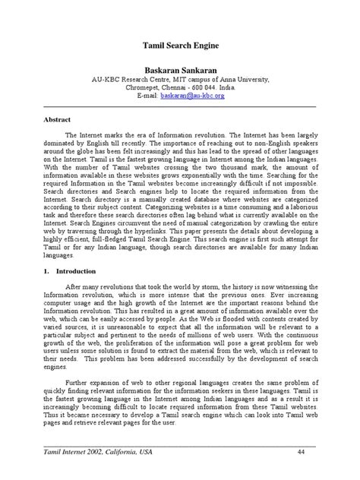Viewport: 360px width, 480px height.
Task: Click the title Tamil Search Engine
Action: click(x=180, y=46)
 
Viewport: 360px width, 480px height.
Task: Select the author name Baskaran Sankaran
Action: click(x=180, y=70)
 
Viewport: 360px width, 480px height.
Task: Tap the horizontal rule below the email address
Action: click(x=180, y=107)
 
